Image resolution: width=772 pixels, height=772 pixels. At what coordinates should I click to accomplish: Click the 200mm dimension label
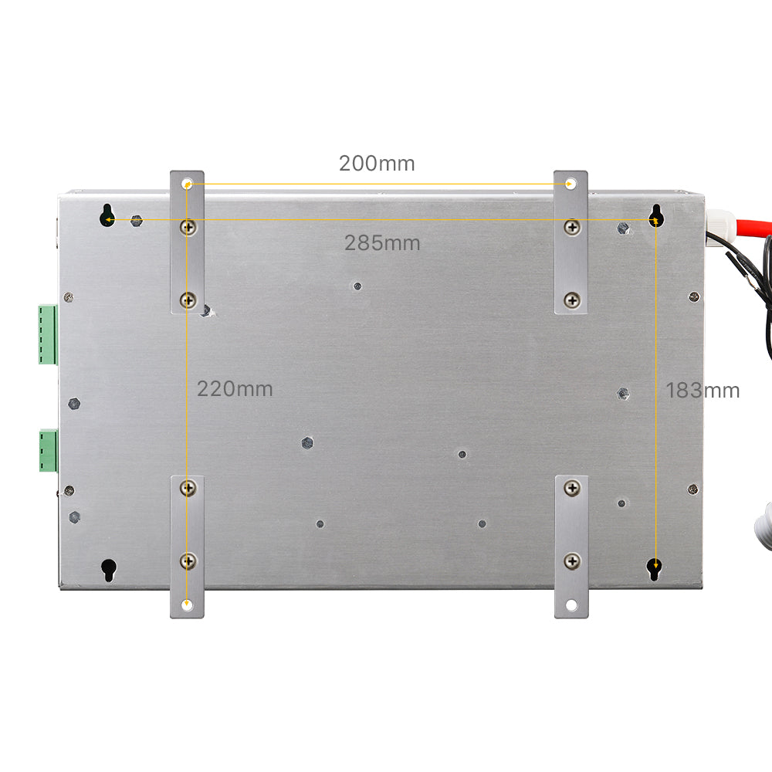click(377, 164)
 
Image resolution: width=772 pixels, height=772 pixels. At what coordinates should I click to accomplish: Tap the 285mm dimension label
click(382, 242)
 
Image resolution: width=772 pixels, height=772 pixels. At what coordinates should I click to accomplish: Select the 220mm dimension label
click(235, 389)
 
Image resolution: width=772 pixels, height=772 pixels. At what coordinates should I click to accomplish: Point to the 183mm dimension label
click(703, 391)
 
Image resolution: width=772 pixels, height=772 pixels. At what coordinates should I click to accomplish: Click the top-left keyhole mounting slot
click(107, 215)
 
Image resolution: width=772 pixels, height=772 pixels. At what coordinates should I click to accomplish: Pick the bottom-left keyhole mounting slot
click(108, 571)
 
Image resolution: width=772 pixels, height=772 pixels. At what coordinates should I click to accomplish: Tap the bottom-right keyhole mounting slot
click(654, 569)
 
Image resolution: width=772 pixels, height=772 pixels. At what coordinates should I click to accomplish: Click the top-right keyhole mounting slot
click(655, 215)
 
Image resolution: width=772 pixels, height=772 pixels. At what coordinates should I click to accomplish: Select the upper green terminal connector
click(48, 335)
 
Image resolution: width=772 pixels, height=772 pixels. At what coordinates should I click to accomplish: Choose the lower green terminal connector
click(48, 451)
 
